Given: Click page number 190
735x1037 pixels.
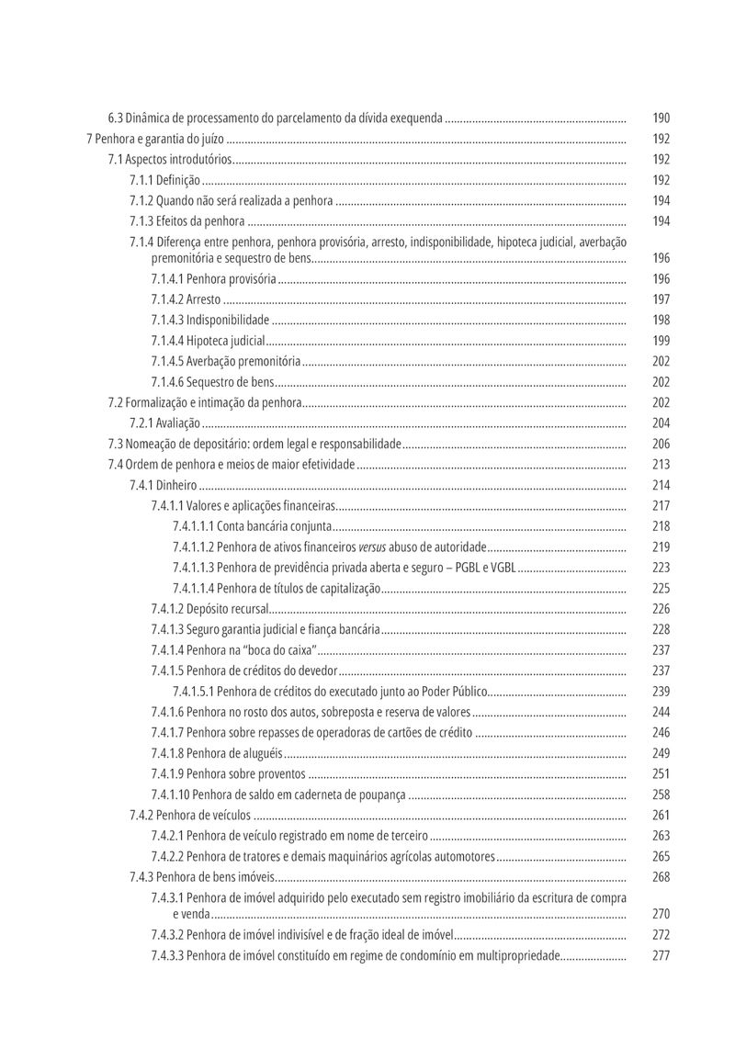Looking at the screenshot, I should click(661, 118).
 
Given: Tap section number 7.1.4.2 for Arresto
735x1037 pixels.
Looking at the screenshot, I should click(167, 299).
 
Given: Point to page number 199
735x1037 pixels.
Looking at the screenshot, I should click(661, 341).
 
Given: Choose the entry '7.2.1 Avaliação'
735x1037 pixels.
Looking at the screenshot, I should click(164, 423).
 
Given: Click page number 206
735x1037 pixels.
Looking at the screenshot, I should click(661, 444).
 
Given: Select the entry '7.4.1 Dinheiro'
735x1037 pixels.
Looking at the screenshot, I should click(163, 485).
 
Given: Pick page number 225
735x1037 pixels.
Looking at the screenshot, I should click(661, 589).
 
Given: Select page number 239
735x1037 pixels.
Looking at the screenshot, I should click(661, 692).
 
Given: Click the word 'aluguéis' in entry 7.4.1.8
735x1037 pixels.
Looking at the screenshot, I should click(262, 753).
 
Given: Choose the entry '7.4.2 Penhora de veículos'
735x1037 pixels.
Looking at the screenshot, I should click(190, 816).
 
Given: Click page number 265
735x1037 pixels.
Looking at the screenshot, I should click(661, 857).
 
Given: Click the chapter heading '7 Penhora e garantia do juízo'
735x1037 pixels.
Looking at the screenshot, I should click(154, 140).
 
